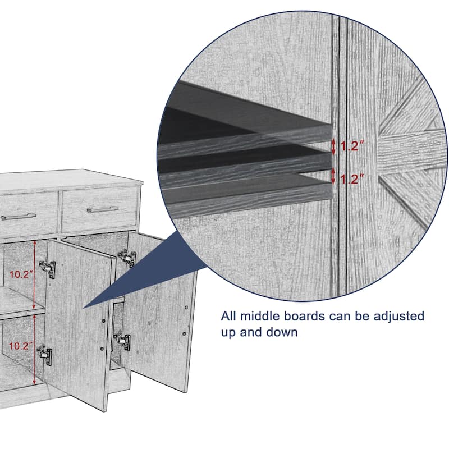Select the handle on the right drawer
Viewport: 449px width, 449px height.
pyautogui.click(x=103, y=209)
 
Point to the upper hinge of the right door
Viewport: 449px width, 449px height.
pyautogui.click(x=128, y=258)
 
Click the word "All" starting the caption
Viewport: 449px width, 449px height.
pyautogui.click(x=230, y=316)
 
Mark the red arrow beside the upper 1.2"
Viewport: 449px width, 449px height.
pyautogui.click(x=333, y=147)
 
